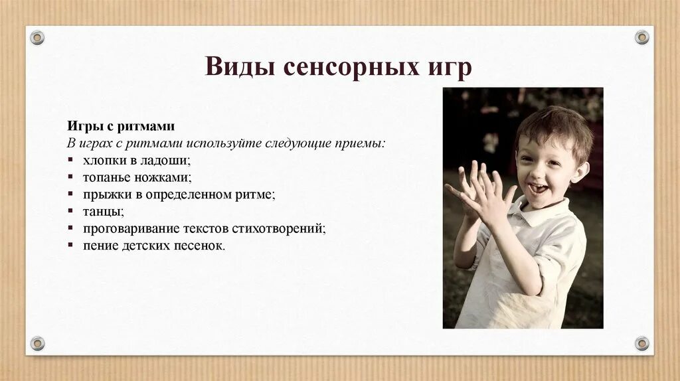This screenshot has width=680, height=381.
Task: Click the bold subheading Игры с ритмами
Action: point(120,127)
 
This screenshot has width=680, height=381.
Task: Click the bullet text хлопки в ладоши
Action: point(136,161)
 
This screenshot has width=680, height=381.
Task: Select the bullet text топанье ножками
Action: point(137,178)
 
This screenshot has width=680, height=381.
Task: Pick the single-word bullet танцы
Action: point(103,212)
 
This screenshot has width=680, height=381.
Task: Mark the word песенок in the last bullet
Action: point(202,246)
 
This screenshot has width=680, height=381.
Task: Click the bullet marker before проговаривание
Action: point(70,228)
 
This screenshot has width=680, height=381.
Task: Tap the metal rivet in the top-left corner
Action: point(37,38)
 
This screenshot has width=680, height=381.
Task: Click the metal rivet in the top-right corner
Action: point(642,37)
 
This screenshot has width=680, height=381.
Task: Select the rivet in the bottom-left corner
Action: point(37,343)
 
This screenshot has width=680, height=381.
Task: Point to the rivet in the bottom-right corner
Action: point(642,343)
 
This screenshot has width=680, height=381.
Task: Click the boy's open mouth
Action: point(538,189)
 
